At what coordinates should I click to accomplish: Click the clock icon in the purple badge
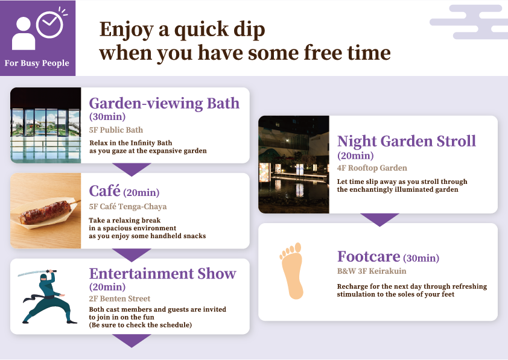pos(50,24)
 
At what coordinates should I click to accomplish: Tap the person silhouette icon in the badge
pos(24,34)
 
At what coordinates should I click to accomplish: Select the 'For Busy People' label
pos(37,63)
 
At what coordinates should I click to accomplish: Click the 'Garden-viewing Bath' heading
pos(164,103)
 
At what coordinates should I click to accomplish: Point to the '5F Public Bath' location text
pos(116,130)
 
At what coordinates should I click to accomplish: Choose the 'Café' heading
pos(104,191)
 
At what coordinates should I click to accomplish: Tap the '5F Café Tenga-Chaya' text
pos(127,206)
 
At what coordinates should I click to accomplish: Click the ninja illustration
pos(44,295)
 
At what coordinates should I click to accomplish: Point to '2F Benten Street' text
pos(119,298)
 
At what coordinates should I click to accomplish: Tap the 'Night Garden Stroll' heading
pos(406,141)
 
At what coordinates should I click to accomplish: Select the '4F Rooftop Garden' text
pos(372,168)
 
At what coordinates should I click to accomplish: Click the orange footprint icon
pos(293,271)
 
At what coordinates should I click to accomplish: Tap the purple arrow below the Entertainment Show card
pos(131,341)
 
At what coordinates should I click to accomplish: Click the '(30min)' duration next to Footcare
pos(421,258)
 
